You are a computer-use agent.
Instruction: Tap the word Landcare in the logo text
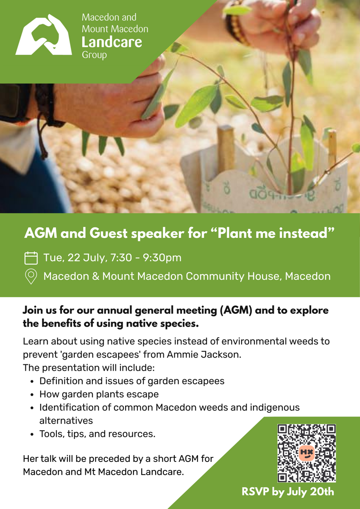click(112, 42)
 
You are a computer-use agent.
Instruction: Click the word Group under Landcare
click(94, 55)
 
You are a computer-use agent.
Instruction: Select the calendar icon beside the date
click(31, 258)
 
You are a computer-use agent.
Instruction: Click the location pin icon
click(31, 276)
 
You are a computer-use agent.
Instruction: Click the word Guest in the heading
click(109, 233)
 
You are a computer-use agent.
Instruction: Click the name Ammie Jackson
click(204, 355)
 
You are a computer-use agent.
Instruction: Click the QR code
click(307, 453)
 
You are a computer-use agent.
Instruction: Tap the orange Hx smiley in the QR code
click(307, 453)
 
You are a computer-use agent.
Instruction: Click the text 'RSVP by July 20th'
click(288, 492)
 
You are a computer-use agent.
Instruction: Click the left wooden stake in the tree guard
click(226, 149)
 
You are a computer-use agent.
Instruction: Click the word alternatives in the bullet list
click(66, 421)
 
